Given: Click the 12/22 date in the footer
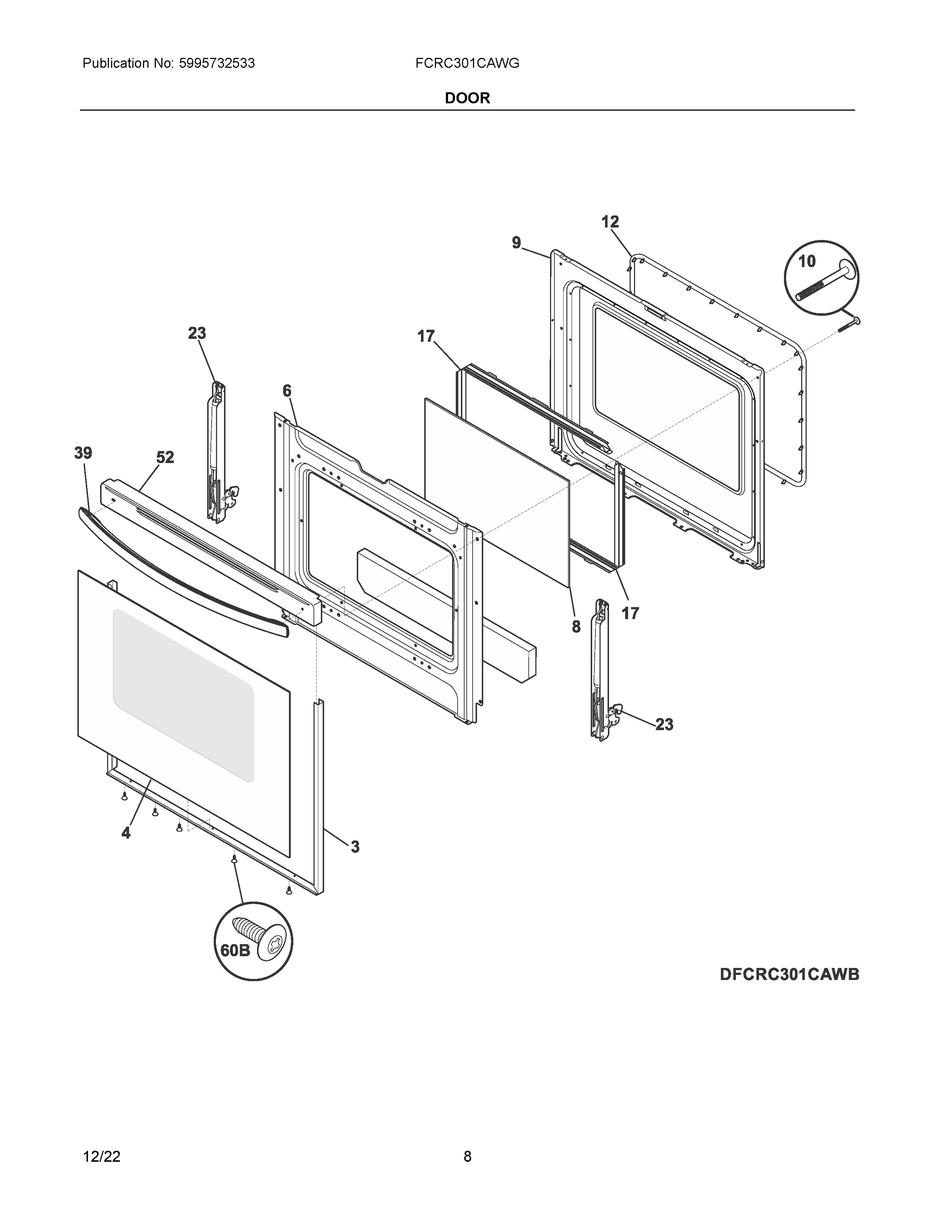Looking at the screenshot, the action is coord(101,1156).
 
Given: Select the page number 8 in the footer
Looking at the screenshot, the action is coord(467,1156).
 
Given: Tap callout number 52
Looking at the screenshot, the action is coord(165,457).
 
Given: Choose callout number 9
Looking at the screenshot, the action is coord(516,243).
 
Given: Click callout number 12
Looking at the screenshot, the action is coord(610,222).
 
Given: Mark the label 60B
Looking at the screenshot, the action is coord(235,950).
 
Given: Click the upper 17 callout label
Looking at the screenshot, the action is coord(426,336).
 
